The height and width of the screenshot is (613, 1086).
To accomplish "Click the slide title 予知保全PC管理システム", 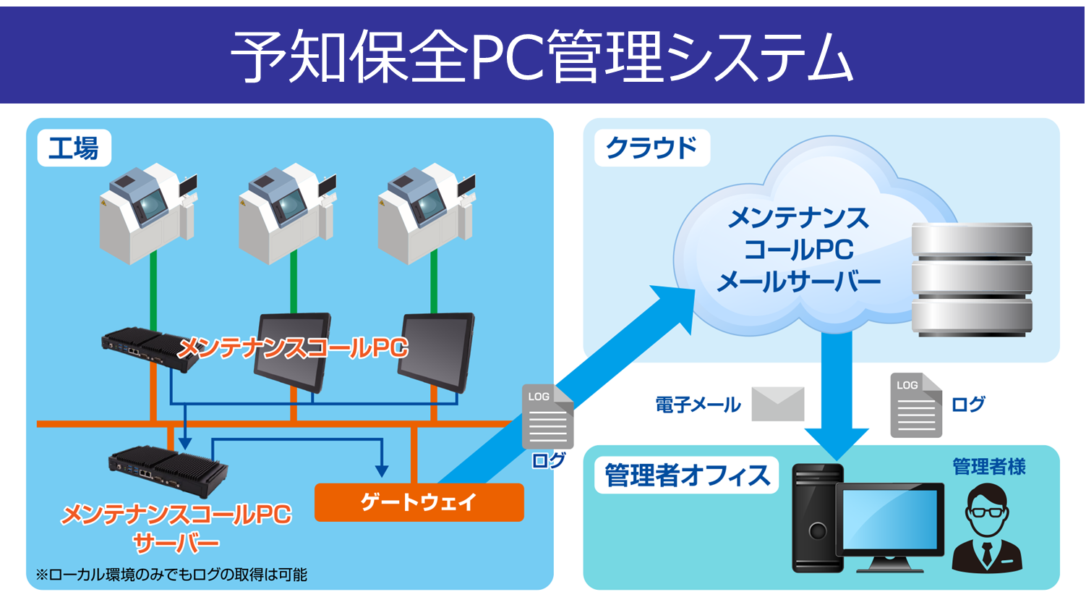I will (x=542, y=56).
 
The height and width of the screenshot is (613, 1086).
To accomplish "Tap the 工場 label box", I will (x=74, y=148).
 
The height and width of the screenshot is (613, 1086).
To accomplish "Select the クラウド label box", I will (x=651, y=148).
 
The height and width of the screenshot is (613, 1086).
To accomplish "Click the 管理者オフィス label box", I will (x=686, y=475).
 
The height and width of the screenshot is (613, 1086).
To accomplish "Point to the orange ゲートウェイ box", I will (x=419, y=502).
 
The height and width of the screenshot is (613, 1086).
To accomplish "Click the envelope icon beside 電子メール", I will (x=778, y=404).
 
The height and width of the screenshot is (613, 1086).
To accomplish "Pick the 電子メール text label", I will (x=698, y=405).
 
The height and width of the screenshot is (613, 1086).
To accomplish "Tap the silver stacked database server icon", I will (x=972, y=279).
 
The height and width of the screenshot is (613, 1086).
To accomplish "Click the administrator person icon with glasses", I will (x=987, y=528).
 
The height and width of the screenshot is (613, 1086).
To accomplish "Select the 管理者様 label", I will (x=989, y=467).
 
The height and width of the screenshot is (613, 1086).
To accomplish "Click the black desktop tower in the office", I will (x=817, y=517).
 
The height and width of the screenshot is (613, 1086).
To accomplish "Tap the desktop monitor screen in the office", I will (x=890, y=520).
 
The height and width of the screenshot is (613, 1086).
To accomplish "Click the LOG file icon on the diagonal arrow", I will (x=547, y=417).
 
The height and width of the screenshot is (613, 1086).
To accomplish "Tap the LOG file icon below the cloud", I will (x=915, y=405).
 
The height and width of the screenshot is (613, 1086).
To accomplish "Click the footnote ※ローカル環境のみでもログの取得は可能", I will (x=171, y=575).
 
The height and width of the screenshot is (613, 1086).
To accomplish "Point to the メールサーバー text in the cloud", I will (x=798, y=282).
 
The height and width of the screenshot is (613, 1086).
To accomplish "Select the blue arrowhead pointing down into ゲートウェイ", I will (x=382, y=471).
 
